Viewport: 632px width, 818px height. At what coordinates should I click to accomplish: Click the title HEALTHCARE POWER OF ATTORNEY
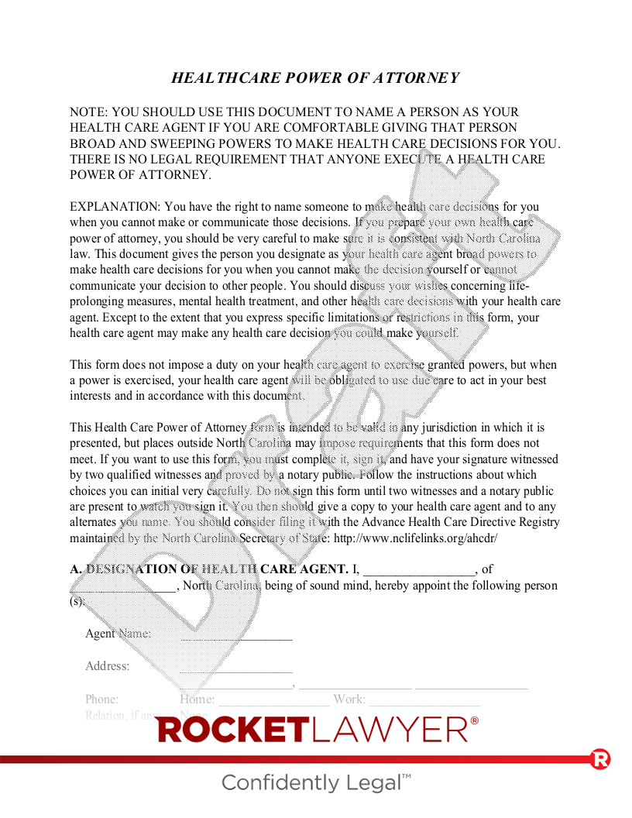point(315,77)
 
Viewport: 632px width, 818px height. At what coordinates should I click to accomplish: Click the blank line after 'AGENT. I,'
point(419,570)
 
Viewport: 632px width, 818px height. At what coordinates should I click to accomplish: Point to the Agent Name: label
point(118,634)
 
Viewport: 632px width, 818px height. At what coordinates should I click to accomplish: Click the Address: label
point(107,666)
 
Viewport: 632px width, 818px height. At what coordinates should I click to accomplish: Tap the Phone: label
point(101,699)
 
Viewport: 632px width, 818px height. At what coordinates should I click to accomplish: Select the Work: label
point(349,699)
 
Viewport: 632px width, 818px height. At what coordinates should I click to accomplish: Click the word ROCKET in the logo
point(233,730)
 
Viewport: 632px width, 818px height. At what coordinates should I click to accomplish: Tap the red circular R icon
point(599,759)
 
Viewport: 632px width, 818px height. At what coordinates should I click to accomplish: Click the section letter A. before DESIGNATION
point(75,569)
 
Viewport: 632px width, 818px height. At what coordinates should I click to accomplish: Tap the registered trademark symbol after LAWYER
point(475,720)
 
